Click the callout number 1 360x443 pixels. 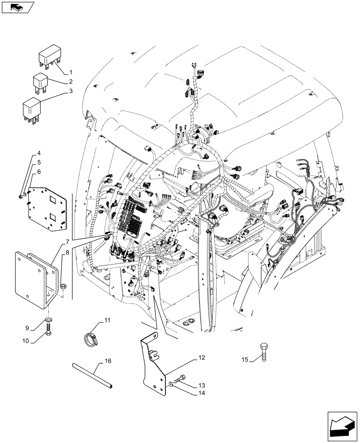coord(70,71)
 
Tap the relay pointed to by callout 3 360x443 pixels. coord(32,108)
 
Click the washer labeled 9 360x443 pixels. coord(47,319)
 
